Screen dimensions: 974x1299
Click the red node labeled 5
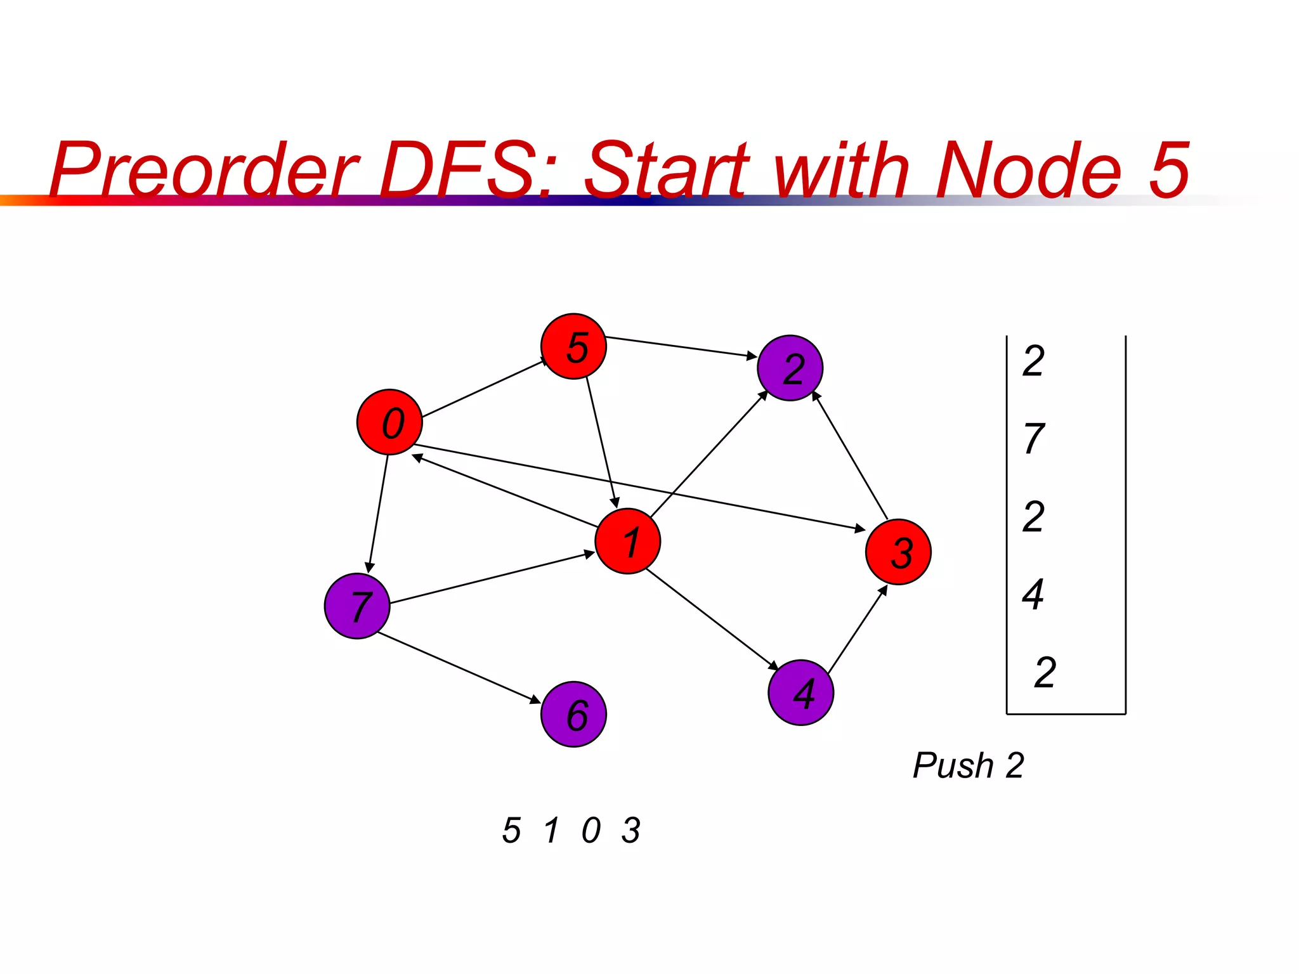point(573,346)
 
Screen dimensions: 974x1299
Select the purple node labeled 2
point(790,368)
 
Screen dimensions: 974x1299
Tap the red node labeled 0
point(389,422)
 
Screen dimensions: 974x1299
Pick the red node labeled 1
point(628,541)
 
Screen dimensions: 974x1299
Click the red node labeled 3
point(898,552)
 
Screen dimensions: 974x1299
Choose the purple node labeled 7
point(357,606)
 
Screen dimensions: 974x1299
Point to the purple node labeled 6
point(573,714)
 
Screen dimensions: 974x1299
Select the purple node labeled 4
point(800,692)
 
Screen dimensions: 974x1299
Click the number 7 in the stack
point(1034,439)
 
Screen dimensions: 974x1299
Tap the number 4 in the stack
point(1033,594)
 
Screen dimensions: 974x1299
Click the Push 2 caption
point(968,765)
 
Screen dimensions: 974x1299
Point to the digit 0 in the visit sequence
point(591,830)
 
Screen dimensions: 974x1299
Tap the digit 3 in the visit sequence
point(631,830)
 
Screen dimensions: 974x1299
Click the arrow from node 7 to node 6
point(458,667)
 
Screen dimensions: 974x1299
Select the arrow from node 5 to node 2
point(681,347)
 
